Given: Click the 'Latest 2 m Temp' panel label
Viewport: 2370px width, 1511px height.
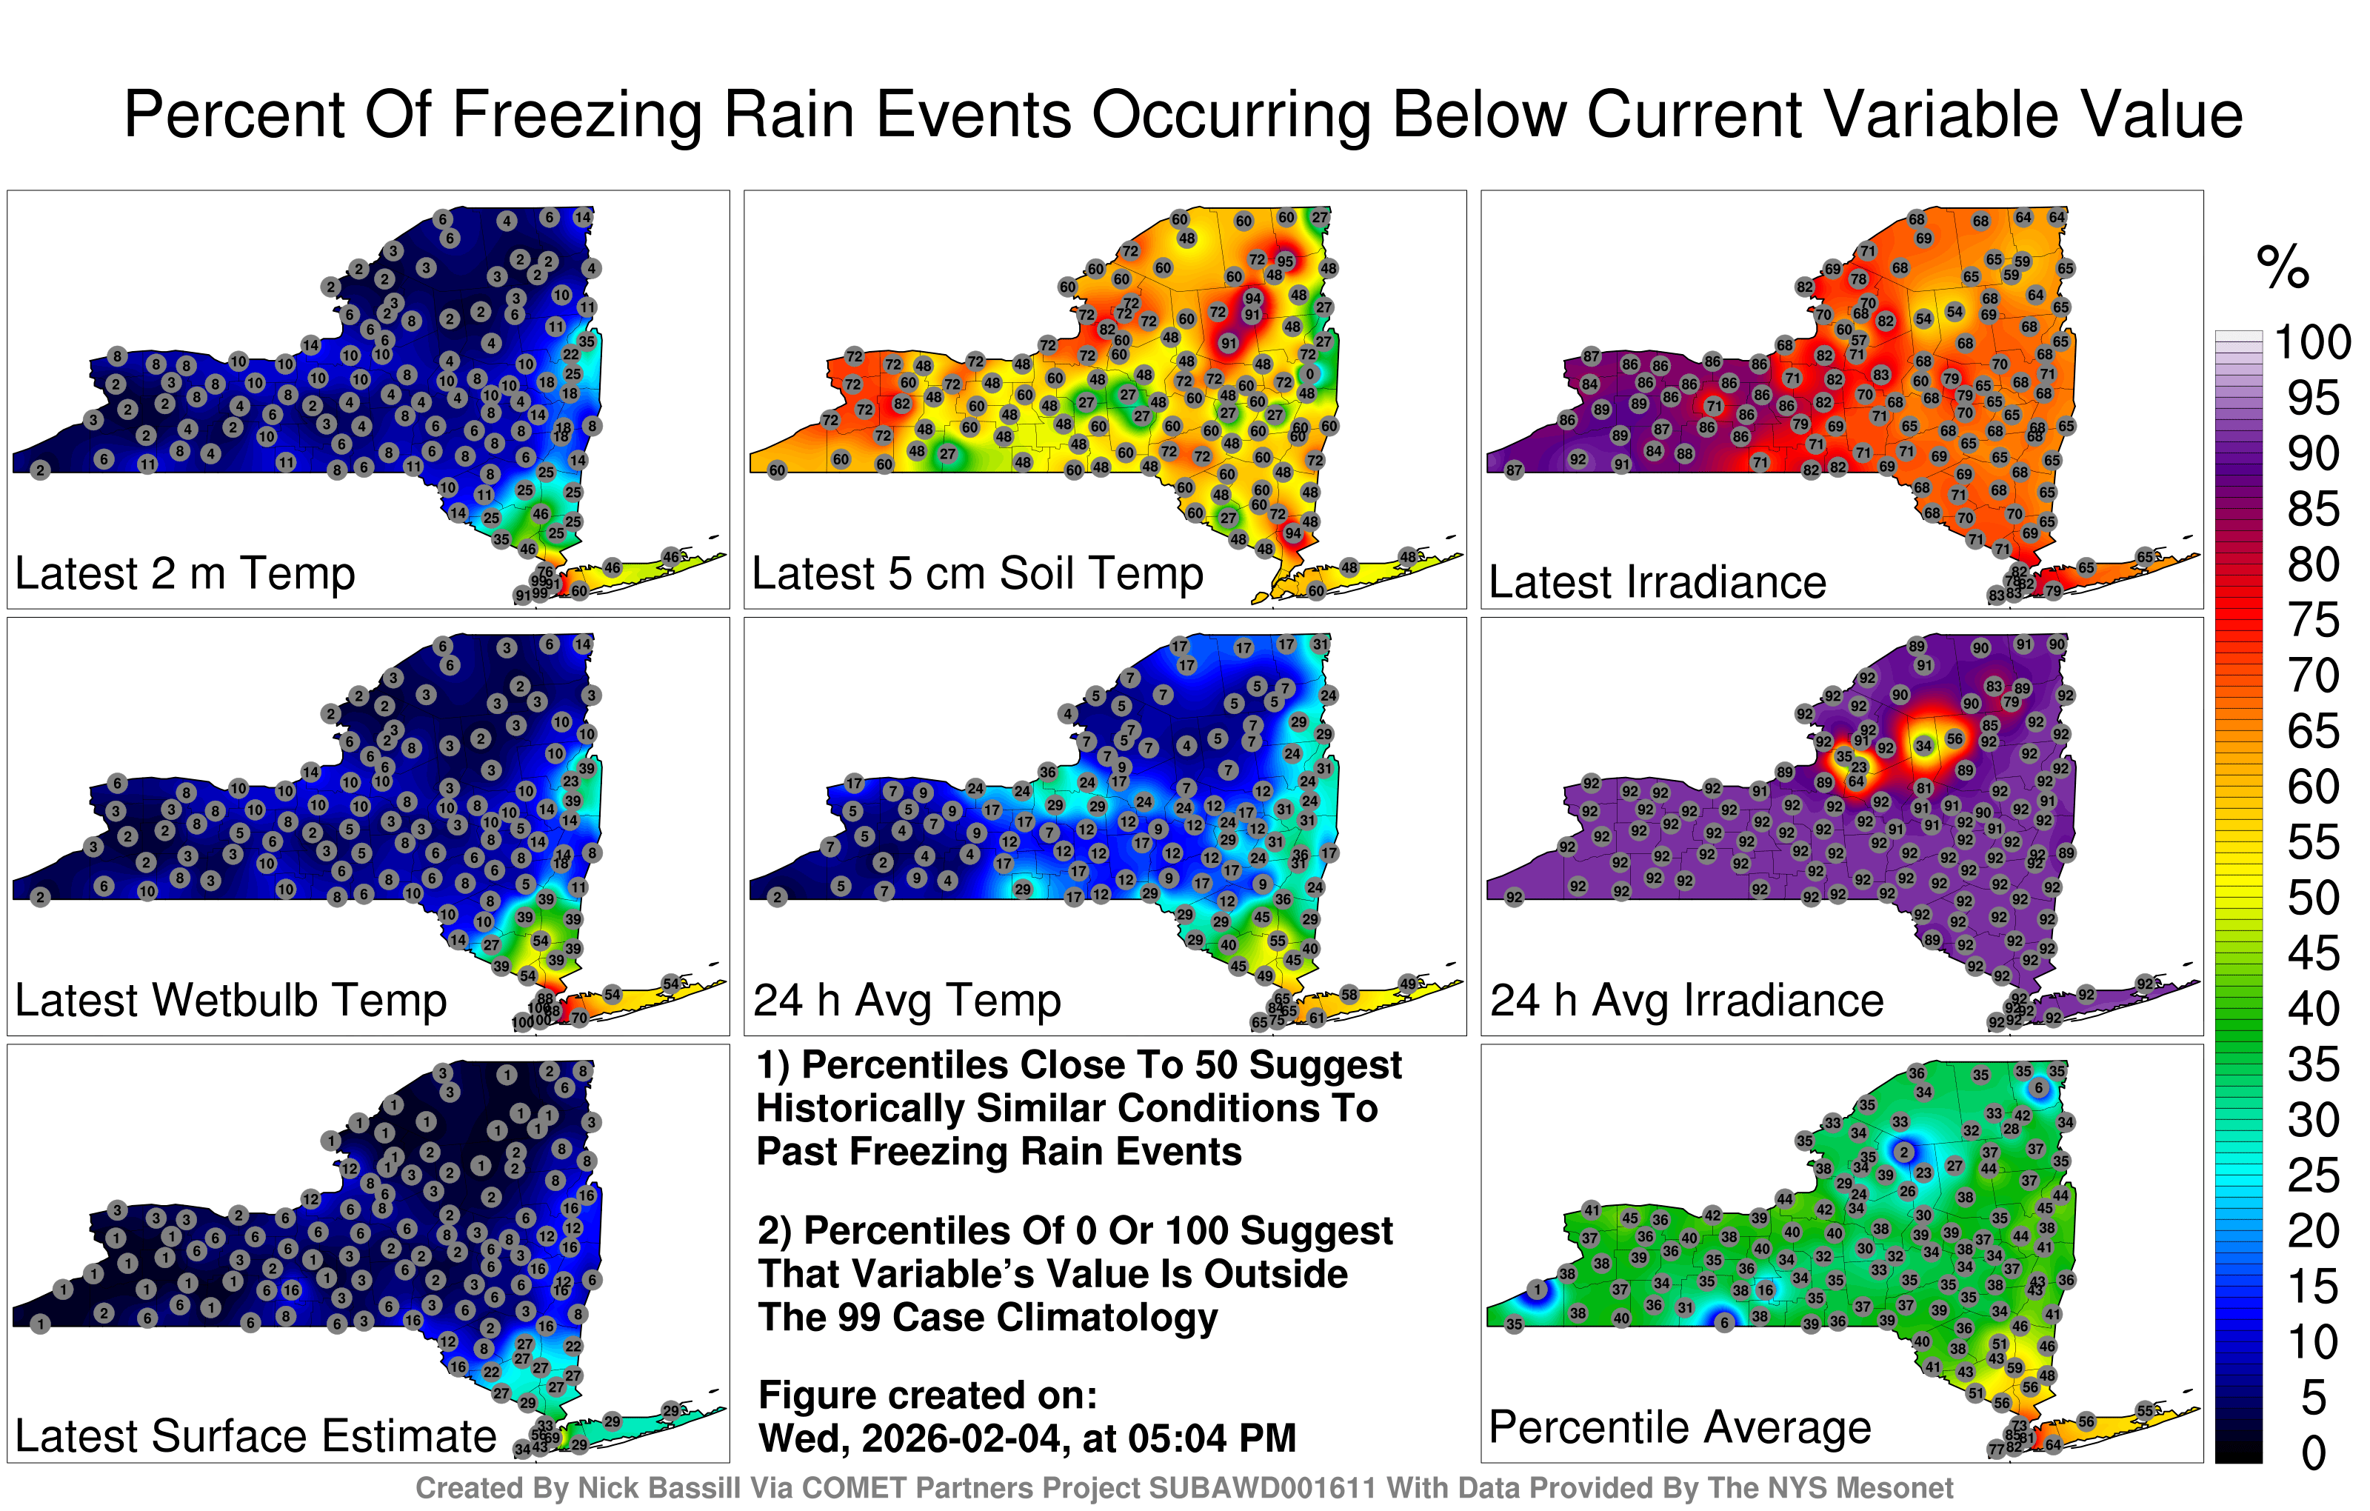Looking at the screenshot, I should click(185, 574).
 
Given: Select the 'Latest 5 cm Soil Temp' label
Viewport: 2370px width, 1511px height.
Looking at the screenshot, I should click(978, 574).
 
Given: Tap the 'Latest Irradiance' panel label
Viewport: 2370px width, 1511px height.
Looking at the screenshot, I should click(1658, 581).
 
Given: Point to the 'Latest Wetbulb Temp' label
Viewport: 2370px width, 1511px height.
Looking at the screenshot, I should click(230, 1001).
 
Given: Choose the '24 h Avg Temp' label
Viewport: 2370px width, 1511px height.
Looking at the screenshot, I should click(907, 1001).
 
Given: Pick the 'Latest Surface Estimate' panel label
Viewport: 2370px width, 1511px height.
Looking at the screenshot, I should click(256, 1436).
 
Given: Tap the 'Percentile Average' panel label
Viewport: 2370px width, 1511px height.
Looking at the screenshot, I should click(1680, 1427).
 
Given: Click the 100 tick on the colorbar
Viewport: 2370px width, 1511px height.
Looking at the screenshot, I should click(2312, 342).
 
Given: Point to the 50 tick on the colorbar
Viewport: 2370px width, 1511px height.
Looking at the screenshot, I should click(2312, 898).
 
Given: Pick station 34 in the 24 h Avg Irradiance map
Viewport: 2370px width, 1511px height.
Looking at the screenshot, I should click(1923, 746).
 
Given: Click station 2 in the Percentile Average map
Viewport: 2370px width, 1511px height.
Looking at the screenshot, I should click(1904, 1152).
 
